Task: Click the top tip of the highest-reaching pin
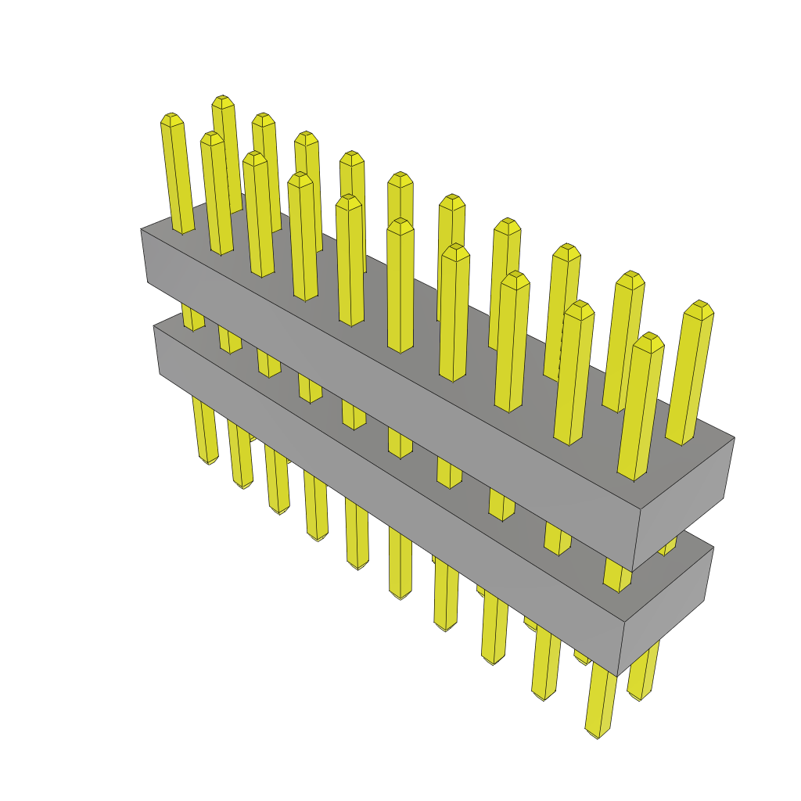[x=223, y=100]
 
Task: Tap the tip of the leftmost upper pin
[x=171, y=118]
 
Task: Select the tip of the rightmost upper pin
[x=700, y=306]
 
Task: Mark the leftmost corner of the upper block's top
[x=142, y=229]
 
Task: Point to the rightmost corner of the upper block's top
[x=734, y=437]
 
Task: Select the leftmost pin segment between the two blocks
[x=192, y=318]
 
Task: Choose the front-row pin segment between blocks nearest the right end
[x=616, y=575]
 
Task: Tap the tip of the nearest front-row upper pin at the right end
[x=648, y=338]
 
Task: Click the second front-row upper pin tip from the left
[x=211, y=137]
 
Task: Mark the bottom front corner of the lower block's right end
[x=618, y=675]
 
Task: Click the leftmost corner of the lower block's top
[x=154, y=327]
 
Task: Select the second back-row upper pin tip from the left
[x=263, y=117]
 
